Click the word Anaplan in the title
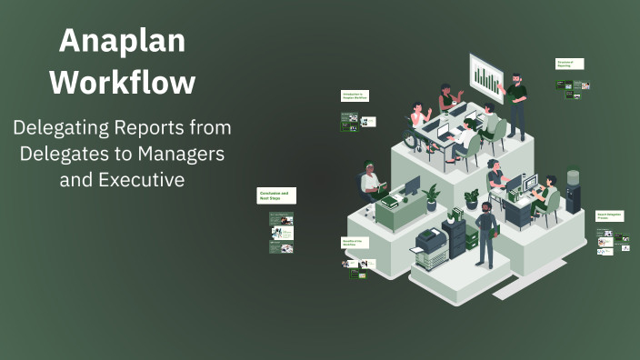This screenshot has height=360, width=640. coord(122,41)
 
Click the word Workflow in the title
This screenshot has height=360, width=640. coord(122,82)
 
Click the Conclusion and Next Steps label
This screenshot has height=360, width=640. coord(276,195)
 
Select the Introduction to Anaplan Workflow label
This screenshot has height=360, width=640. coord(355,95)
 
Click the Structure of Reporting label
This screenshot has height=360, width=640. coord(569,65)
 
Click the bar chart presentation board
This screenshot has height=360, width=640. coord(488,80)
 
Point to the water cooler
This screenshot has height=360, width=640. coord(573,190)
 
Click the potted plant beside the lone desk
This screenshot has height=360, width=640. coord(431,195)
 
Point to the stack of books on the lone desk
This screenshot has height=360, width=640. coord(386,197)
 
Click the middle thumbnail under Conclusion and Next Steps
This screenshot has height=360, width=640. coord(282,233)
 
